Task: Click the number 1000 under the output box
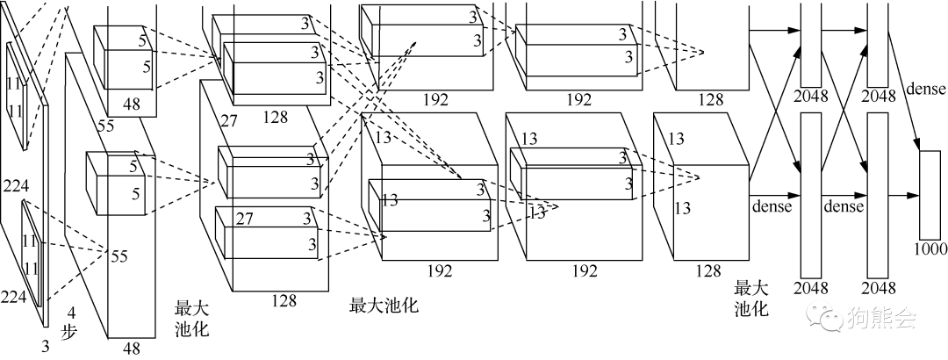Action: [930, 248]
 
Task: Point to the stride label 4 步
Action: [75, 323]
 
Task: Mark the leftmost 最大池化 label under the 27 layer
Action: [192, 318]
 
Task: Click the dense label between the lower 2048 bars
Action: [843, 206]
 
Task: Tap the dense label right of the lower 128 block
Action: [772, 206]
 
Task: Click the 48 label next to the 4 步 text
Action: [132, 349]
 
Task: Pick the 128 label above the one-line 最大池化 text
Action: [284, 300]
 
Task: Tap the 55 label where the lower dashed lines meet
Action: [119, 256]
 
